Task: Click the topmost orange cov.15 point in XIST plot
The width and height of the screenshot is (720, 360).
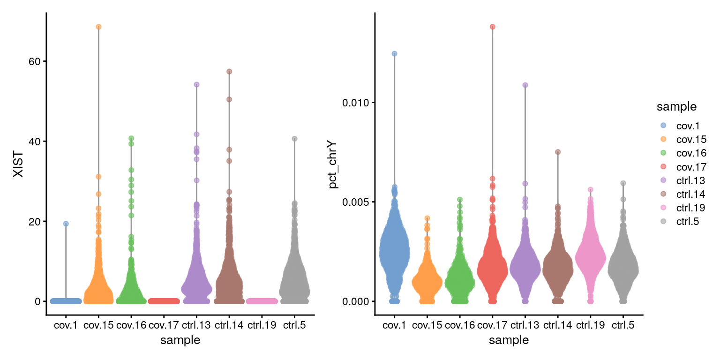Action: (98, 27)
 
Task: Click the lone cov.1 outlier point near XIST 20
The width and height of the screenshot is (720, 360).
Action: (66, 224)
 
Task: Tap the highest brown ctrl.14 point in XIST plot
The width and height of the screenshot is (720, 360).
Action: (229, 71)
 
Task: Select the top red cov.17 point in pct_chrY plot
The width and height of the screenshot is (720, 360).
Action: (493, 27)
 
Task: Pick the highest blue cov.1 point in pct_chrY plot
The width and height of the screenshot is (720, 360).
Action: (395, 53)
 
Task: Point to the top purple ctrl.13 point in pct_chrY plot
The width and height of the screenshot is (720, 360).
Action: (525, 85)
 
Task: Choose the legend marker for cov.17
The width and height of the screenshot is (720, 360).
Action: (663, 166)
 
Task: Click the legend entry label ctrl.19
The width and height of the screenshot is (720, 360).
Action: (691, 208)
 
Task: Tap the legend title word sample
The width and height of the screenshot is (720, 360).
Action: (676, 107)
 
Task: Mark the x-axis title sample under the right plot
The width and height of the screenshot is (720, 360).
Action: (509, 340)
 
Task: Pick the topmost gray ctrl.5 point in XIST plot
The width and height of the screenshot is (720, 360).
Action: (295, 138)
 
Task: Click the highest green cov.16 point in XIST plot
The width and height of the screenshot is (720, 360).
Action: (131, 138)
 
